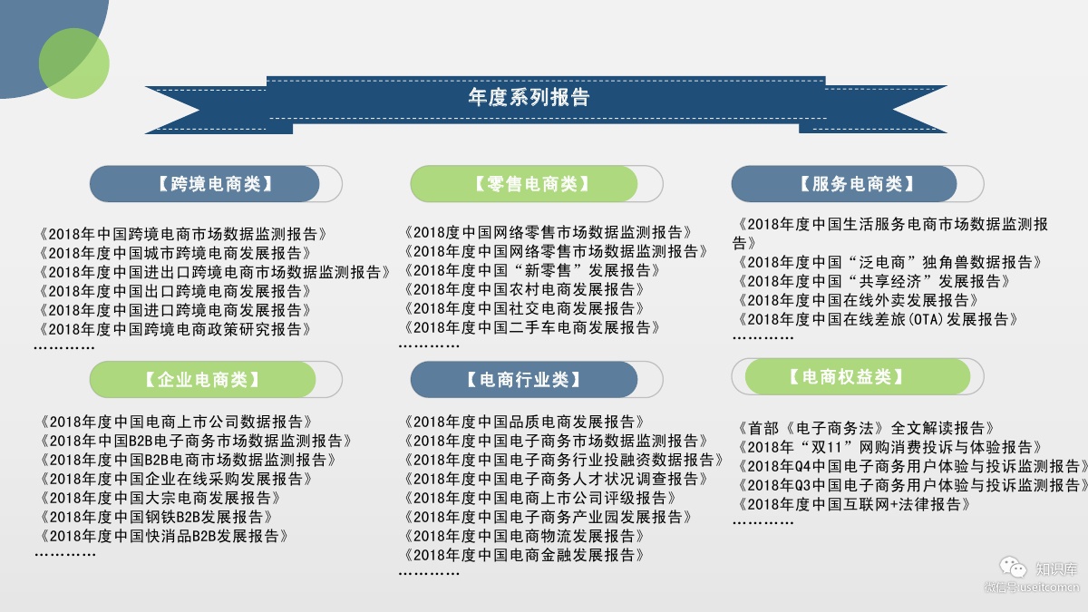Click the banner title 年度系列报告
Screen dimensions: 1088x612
529,98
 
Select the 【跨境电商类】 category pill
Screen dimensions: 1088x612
215,184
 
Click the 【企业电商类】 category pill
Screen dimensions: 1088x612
202,379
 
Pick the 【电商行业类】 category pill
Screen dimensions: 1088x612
524,379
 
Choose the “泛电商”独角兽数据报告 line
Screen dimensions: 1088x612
890,262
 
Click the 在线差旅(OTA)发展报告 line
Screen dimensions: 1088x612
879,319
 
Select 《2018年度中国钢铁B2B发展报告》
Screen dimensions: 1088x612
157,517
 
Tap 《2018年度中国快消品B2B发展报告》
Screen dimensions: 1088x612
164,536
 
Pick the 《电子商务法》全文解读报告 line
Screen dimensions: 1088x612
866,427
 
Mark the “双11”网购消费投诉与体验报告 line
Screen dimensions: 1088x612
890,447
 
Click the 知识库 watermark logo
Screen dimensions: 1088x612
1043,569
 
